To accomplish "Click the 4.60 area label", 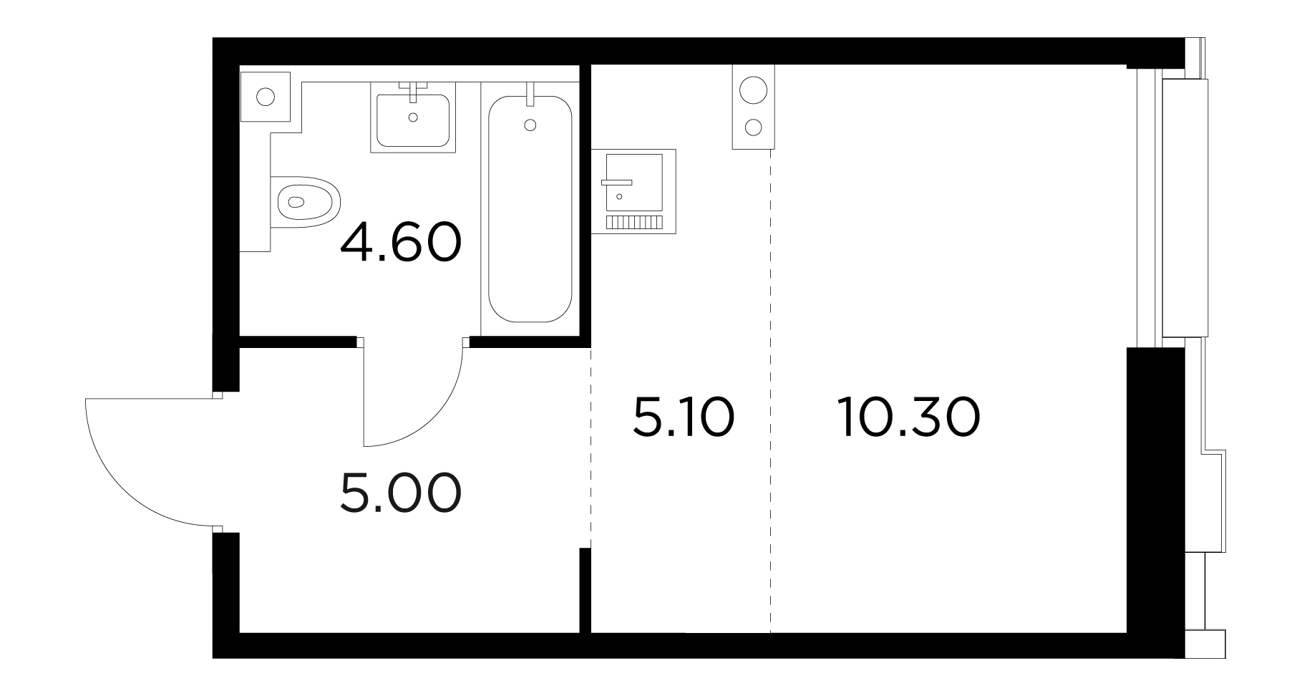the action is (x=400, y=243).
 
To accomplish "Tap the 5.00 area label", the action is (x=400, y=493).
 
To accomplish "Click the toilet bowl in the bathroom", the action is (x=306, y=202).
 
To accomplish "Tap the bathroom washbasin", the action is (x=413, y=117).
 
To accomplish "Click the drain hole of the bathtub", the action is (x=530, y=125).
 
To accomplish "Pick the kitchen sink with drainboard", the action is (x=633, y=191).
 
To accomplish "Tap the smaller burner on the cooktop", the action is (x=753, y=128).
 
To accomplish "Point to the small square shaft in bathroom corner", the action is (x=266, y=96).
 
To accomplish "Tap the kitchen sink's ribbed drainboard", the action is (x=633, y=222).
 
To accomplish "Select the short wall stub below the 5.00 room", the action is (x=585, y=591).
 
